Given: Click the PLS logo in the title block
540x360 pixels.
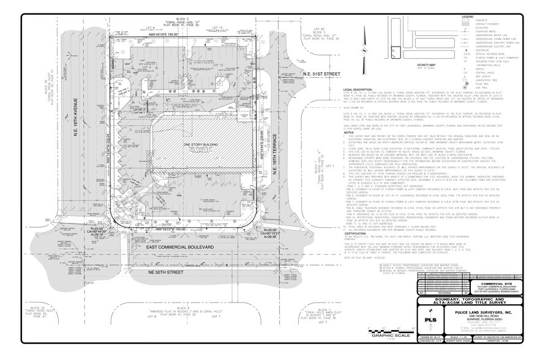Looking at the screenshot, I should [x=433, y=320].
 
